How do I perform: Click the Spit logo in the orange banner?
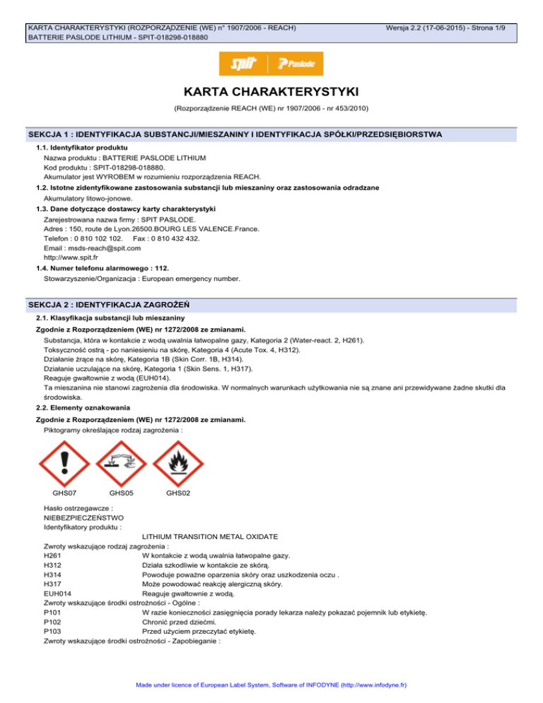244,64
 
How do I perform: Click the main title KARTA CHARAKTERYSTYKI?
271,93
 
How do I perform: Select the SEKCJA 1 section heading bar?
271,134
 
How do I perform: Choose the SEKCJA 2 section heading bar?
271,304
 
